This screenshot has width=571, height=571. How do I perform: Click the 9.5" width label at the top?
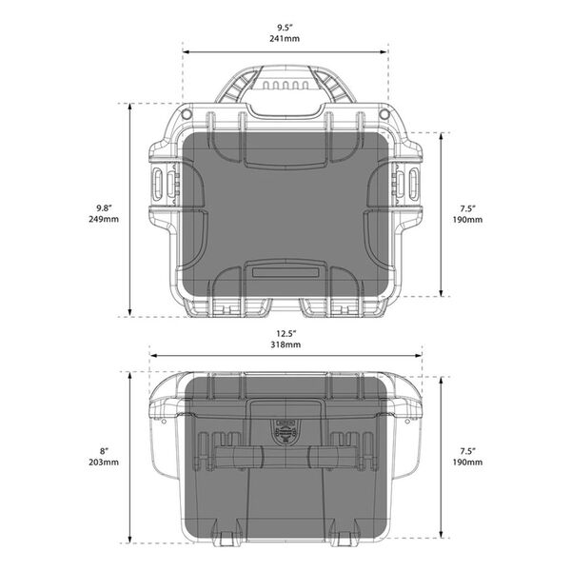click(286, 26)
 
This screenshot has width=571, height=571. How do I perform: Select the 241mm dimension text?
click(286, 39)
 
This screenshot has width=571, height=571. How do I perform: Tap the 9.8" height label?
click(105, 207)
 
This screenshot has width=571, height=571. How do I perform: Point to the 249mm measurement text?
click(105, 221)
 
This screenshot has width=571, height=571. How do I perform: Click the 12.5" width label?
click(286, 334)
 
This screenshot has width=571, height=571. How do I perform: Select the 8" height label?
click(107, 449)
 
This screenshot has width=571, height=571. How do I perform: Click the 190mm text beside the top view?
click(467, 221)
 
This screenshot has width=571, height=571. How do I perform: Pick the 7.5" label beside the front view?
click(467, 449)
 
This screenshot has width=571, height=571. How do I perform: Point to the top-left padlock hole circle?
click(187, 115)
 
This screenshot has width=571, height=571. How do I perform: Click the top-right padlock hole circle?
click(384, 115)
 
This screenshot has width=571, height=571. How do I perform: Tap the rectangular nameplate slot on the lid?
click(286, 271)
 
